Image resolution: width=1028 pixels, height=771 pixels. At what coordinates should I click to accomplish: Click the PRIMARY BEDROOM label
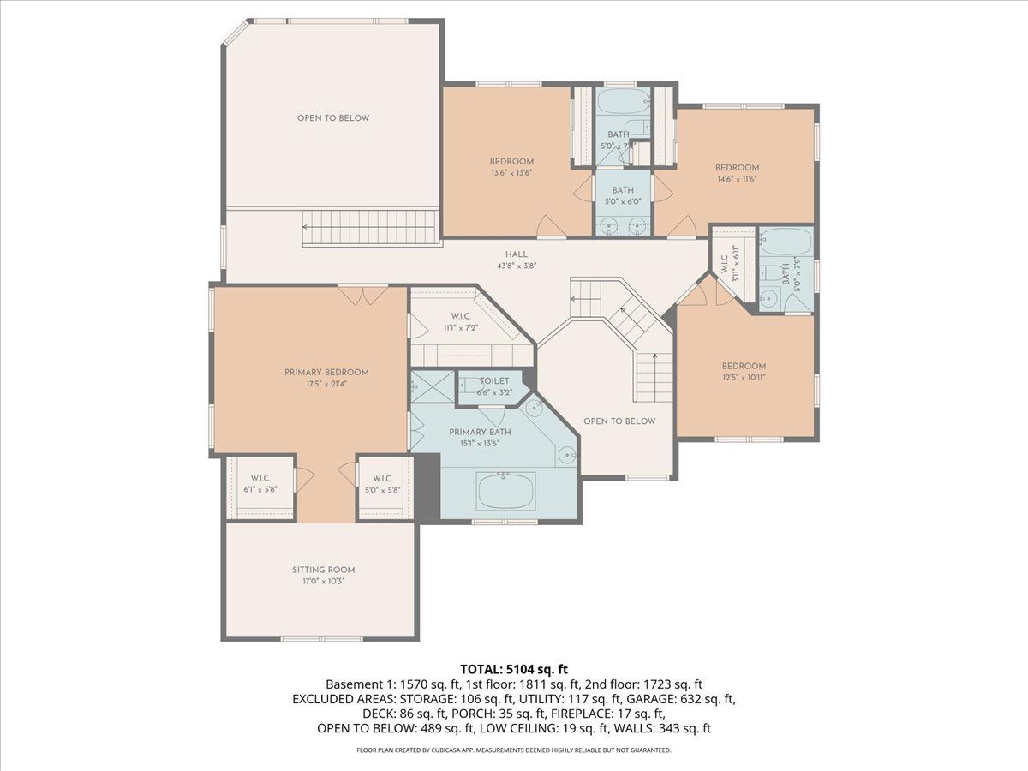coord(326,373)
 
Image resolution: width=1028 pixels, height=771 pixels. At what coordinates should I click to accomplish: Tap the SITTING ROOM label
coord(324,571)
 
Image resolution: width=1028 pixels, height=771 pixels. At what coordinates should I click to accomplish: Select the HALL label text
coord(517,254)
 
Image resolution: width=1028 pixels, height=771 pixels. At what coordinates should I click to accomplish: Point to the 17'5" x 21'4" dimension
coord(326,384)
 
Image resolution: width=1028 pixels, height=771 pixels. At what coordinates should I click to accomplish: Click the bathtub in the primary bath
coord(505,491)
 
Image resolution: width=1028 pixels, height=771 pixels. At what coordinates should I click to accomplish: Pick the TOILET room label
coord(494,381)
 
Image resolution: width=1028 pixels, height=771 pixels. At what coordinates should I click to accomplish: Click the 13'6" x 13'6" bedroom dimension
coord(511,173)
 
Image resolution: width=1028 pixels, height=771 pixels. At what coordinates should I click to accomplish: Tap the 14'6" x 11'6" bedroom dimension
coord(738,179)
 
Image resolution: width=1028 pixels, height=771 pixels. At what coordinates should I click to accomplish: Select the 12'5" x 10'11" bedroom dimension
coord(744,377)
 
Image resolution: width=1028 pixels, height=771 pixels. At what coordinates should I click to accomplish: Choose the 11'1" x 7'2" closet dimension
coord(461,328)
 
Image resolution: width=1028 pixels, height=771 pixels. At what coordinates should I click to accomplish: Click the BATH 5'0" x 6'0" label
coord(623,196)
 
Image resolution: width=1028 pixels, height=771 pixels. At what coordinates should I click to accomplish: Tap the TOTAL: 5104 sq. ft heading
coord(514,669)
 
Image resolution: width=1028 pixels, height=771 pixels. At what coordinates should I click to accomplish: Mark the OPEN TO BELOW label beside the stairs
coord(619,421)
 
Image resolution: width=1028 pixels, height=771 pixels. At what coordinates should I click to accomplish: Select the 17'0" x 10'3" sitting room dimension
coord(324,582)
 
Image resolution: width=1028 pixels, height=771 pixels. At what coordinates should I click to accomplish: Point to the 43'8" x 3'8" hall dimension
coord(517,266)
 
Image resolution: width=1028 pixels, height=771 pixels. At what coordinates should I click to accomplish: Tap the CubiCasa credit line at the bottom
coord(514,750)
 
